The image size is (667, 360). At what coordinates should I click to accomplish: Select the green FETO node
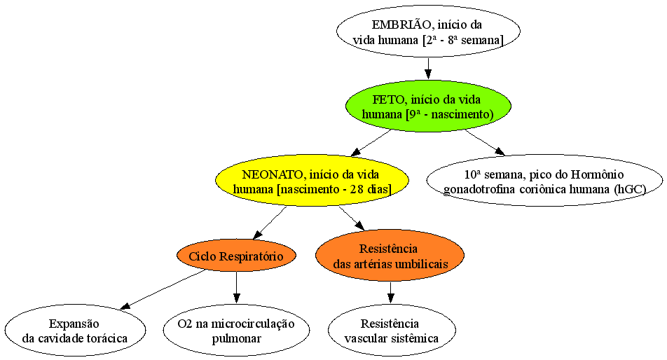[428, 106]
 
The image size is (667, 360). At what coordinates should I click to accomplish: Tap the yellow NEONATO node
[312, 181]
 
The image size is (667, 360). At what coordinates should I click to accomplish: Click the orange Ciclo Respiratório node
[236, 256]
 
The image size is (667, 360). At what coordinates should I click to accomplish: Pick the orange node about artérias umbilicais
[390, 256]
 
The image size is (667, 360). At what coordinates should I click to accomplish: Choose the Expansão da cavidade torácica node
[75, 331]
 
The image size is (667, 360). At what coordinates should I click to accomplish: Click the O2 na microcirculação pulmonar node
[236, 331]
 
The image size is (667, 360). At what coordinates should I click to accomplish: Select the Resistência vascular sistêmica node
[392, 331]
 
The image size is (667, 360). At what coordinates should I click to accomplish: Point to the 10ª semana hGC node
[544, 181]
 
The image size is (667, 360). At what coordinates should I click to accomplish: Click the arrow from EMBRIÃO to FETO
[428, 69]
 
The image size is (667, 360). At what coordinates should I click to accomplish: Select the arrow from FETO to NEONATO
[371, 143]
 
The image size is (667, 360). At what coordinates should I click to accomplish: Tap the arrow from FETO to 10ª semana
[485, 143]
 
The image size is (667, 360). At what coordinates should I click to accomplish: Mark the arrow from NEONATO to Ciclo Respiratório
[269, 223]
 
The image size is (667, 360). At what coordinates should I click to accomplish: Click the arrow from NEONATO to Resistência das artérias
[352, 219]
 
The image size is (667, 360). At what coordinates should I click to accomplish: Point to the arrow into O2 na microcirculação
[237, 287]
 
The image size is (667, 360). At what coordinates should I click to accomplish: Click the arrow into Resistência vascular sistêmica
[390, 293]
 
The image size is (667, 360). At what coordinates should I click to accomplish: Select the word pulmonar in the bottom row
[237, 338]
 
